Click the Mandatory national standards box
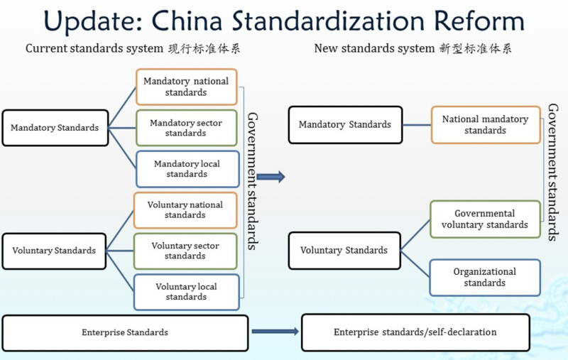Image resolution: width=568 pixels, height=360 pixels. (x=186, y=87)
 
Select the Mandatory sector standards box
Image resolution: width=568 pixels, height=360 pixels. (x=186, y=128)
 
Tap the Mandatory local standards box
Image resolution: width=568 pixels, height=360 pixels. (x=186, y=169)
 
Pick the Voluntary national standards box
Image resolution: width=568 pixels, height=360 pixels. (x=185, y=210)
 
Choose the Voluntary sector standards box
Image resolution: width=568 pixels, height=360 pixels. (x=185, y=251)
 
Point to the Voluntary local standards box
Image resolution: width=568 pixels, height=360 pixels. (x=185, y=292)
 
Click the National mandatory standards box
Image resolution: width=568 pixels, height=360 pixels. (x=485, y=125)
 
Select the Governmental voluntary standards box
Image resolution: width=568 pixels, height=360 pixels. (x=485, y=219)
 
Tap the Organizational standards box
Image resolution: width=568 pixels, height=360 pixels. (x=485, y=277)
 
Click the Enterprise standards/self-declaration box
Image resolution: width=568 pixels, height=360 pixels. (x=415, y=332)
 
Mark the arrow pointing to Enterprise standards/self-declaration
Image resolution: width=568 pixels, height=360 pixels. (x=275, y=332)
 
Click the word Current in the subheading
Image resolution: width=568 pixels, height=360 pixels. (x=45, y=49)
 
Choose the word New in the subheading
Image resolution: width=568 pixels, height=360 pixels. (x=326, y=49)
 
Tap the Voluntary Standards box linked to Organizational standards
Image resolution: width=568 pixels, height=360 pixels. (x=344, y=250)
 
